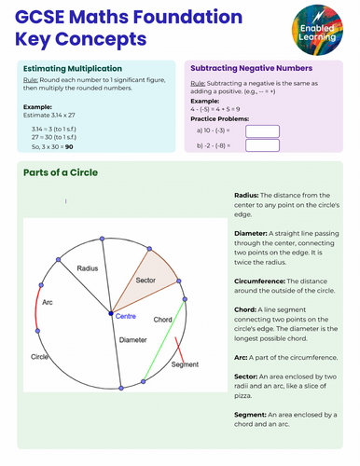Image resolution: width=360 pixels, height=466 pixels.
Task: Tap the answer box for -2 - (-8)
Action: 263,145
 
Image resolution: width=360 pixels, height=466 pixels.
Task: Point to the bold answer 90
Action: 69,146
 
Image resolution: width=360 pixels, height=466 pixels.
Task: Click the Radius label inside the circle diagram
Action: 88,268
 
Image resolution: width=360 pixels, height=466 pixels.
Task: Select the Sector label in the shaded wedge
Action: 146,280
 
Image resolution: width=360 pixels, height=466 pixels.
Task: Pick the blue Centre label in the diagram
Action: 125,316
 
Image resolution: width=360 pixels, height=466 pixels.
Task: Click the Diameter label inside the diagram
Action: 133,340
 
